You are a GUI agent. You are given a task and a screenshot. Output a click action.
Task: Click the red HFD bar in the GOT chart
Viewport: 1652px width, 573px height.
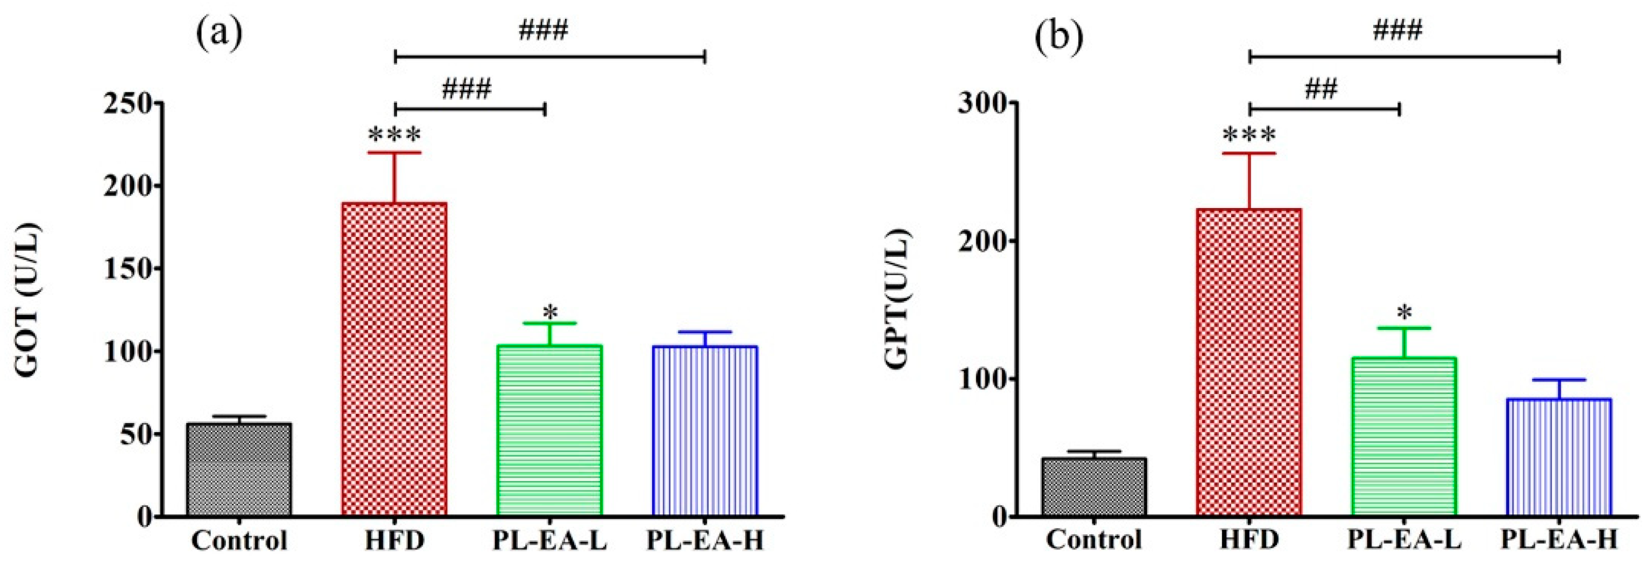click(394, 359)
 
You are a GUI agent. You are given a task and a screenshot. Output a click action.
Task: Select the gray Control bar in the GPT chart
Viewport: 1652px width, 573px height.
click(1094, 486)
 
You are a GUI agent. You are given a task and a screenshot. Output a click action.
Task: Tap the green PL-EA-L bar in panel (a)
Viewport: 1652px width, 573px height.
click(549, 430)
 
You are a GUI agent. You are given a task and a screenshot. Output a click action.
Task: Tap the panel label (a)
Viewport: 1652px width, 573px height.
click(220, 36)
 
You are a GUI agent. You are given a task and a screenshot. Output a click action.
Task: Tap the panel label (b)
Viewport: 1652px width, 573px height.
click(1060, 36)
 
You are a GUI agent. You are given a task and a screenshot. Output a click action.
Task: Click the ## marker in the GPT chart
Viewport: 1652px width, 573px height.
click(1322, 89)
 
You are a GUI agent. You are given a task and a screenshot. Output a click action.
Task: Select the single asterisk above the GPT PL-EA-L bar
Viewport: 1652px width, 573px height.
click(1404, 314)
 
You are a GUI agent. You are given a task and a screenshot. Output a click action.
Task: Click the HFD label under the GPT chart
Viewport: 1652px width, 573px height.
click(1249, 540)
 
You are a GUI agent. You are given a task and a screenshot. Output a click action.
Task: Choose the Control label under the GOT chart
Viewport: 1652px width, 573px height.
click(239, 540)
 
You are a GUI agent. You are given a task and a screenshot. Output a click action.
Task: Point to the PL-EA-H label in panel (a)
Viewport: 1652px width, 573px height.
click(705, 540)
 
